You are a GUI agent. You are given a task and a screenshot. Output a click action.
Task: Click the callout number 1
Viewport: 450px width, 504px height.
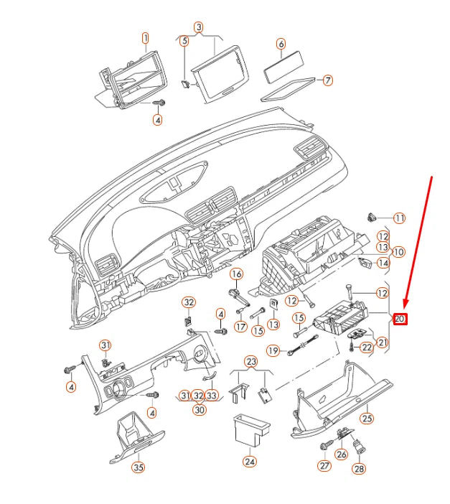pos(145,37)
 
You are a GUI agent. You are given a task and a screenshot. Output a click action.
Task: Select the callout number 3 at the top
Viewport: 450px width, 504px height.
pos(199,27)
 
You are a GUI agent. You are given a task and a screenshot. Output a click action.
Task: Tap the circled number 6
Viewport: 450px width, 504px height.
pos(281,44)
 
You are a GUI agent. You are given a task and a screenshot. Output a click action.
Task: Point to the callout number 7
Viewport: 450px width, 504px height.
pos(328,80)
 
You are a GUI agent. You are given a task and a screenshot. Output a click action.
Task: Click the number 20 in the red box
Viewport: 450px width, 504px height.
pos(400,318)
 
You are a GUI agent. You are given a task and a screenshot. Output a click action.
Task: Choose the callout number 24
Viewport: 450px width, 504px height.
pos(249,462)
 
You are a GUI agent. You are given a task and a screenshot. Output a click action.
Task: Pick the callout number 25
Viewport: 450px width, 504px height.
pos(367,419)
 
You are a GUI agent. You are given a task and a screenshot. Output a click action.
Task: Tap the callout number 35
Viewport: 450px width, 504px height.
pos(137,467)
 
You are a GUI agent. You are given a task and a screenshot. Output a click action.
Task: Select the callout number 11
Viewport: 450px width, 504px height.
pos(399,218)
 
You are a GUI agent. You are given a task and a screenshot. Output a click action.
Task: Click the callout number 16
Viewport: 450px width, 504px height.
pos(235,274)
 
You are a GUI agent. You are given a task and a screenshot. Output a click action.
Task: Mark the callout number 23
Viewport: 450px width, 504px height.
pos(250,361)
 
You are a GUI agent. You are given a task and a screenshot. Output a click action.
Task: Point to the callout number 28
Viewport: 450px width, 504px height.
pos(359,469)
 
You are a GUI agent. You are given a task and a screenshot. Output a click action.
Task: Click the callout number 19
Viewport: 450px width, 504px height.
pos(273,350)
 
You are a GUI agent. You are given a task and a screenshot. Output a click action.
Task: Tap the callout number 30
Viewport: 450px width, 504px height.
pos(199,410)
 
